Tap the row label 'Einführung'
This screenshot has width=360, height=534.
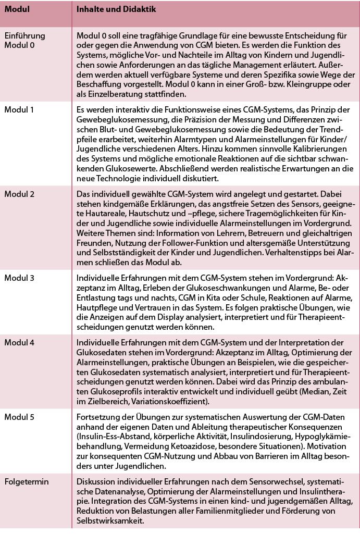point(24,36)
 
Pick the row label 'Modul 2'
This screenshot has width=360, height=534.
point(19,194)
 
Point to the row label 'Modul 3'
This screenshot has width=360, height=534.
point(19,278)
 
